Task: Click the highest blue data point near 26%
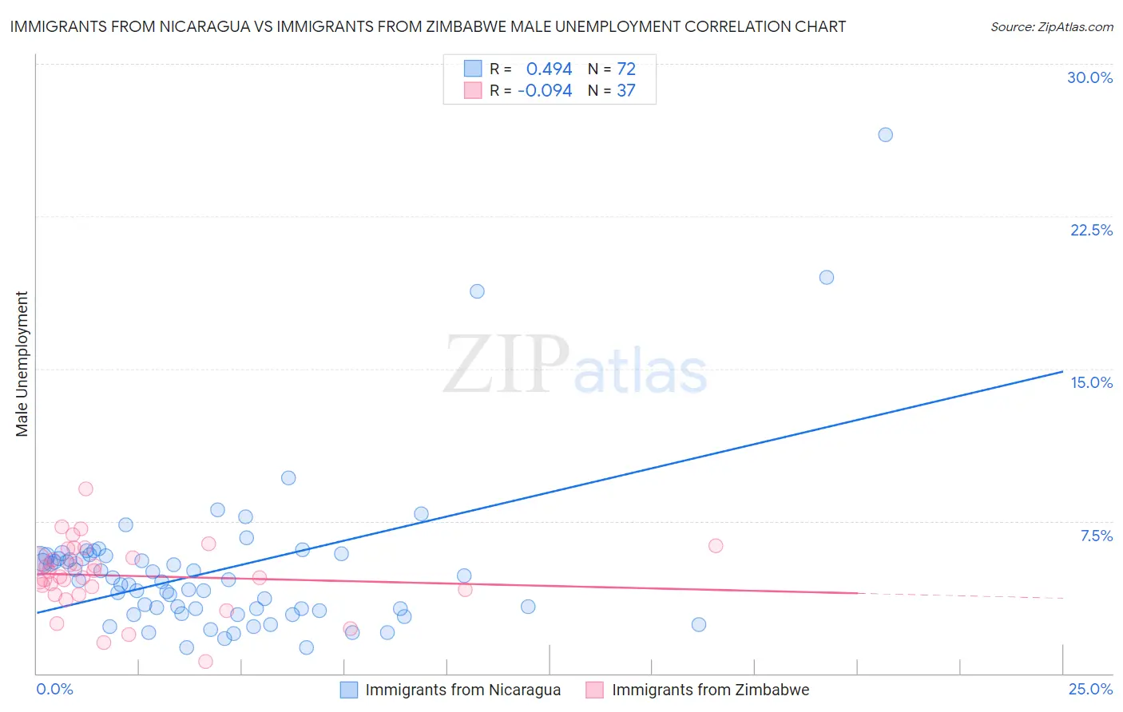pos(885,135)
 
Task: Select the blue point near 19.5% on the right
pos(827,278)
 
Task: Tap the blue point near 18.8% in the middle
pos(477,291)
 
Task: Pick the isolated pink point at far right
pos(716,546)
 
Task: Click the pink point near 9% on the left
pos(85,489)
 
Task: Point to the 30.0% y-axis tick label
pos(1089,78)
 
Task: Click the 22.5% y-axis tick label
pos(1091,231)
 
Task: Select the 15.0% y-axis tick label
pos(1091,383)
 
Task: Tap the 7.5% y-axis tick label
pos(1096,536)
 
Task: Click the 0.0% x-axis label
pos(54,690)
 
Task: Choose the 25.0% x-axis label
pos(1090,690)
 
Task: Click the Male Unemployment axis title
pos(22,364)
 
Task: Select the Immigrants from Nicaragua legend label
pos(462,690)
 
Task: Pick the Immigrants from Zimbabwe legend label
pos(710,690)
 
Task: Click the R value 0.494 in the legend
pos(549,69)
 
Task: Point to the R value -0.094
pos(545,91)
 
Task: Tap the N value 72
pos(626,69)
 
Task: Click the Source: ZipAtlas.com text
pos(1051,27)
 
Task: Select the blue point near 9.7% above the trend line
pos(288,478)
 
